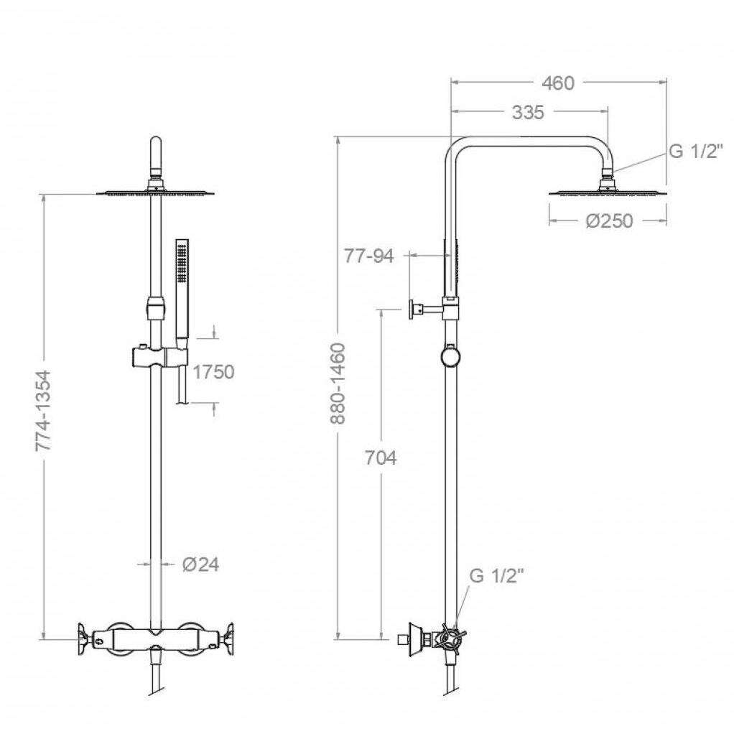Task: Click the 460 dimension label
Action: (557, 83)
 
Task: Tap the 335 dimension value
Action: (528, 112)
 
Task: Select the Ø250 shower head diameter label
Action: (609, 220)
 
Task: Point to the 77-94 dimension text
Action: (369, 256)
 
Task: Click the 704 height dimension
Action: (381, 457)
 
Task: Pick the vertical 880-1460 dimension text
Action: (338, 384)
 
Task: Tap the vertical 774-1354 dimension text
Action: (44, 411)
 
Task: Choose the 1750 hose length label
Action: (213, 372)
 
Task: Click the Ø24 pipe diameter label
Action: (200, 565)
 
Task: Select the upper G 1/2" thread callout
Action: (696, 152)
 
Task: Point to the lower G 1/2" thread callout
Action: (496, 576)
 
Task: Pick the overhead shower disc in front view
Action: (157, 192)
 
